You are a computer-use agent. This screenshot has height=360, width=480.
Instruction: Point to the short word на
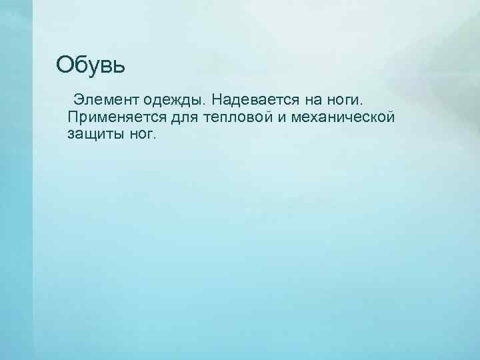(313, 100)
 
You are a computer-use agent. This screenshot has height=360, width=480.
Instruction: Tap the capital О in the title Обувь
(65, 65)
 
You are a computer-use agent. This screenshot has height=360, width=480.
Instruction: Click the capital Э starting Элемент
(78, 100)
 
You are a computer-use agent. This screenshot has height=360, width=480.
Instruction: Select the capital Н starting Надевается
(219, 100)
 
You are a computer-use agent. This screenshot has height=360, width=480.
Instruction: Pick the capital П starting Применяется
(73, 117)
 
